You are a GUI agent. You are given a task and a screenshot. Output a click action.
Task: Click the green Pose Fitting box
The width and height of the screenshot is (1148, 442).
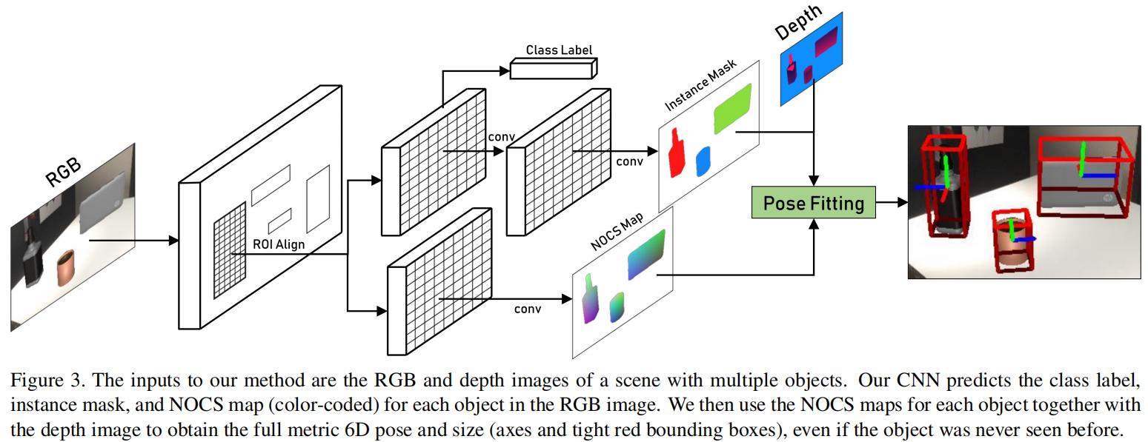pyautogui.click(x=813, y=202)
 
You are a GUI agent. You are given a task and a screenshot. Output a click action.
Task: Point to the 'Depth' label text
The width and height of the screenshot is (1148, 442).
pyautogui.click(x=798, y=21)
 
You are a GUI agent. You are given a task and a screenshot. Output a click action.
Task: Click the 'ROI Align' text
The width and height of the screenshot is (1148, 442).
pyautogui.click(x=279, y=244)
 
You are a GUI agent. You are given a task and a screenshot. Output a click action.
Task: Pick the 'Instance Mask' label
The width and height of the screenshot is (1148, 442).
pyautogui.click(x=700, y=85)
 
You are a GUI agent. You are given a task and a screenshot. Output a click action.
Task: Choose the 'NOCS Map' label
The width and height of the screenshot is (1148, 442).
pyautogui.click(x=617, y=232)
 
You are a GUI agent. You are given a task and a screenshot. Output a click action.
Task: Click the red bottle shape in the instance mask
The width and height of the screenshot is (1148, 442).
pyautogui.click(x=677, y=153)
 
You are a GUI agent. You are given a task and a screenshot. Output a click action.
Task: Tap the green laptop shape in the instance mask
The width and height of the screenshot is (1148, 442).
pyautogui.click(x=732, y=109)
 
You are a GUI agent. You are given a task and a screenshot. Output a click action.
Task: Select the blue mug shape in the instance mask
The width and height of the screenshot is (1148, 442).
pyautogui.click(x=703, y=161)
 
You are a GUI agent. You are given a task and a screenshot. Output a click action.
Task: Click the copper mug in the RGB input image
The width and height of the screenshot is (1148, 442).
pyautogui.click(x=66, y=267)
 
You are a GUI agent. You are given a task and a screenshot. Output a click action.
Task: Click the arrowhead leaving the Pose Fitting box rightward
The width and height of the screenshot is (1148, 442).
pyautogui.click(x=903, y=202)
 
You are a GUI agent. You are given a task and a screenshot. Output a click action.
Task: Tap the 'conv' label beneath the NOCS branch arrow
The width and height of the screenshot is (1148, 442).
pyautogui.click(x=528, y=309)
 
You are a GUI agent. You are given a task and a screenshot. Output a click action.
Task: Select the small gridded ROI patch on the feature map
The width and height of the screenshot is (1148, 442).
pyautogui.click(x=230, y=250)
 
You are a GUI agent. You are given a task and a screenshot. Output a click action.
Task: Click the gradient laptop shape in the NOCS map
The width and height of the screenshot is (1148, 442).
pyautogui.click(x=646, y=255)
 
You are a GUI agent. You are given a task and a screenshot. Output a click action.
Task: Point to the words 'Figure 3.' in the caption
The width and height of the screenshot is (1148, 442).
pyautogui.click(x=44, y=381)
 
